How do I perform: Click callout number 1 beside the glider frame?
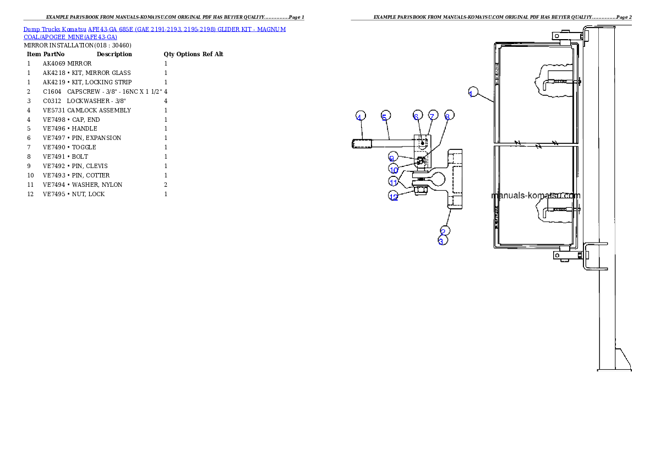471,93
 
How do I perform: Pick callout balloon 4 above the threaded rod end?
359,116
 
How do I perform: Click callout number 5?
385,116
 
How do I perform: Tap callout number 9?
392,158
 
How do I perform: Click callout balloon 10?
394,169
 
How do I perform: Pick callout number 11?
394,181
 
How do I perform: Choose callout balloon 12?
394,196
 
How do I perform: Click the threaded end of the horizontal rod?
360,144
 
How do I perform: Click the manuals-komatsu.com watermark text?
535,196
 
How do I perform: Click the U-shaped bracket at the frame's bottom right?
594,256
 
